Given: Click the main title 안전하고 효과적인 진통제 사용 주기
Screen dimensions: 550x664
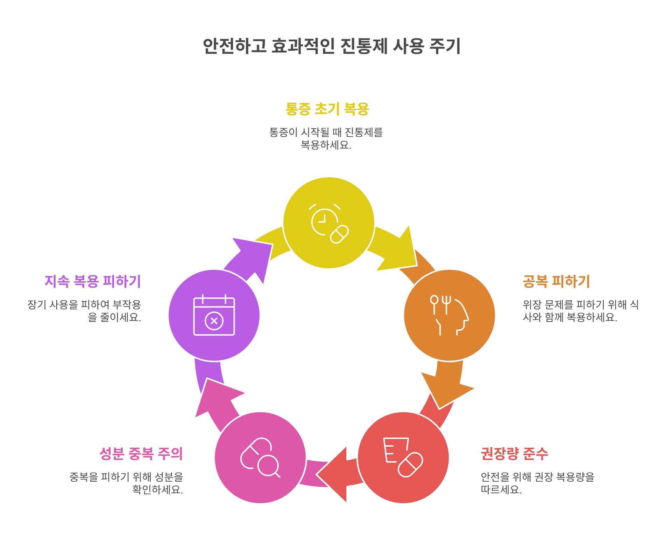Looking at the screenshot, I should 331,46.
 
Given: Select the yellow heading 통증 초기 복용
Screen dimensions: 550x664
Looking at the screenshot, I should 327,109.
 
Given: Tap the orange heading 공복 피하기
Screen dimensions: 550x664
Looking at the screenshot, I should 556,281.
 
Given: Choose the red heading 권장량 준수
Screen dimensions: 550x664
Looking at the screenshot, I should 514,454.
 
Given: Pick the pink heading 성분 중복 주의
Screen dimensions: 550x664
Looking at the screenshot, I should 141,454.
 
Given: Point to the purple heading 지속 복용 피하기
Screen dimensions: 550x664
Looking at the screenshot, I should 93,281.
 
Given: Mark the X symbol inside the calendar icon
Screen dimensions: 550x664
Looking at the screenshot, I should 214,321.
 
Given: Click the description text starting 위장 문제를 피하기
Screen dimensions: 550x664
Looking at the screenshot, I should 580,311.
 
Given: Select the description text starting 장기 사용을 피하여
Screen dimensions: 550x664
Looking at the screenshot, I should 84,311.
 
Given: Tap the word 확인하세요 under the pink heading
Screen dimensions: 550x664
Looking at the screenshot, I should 157,489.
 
